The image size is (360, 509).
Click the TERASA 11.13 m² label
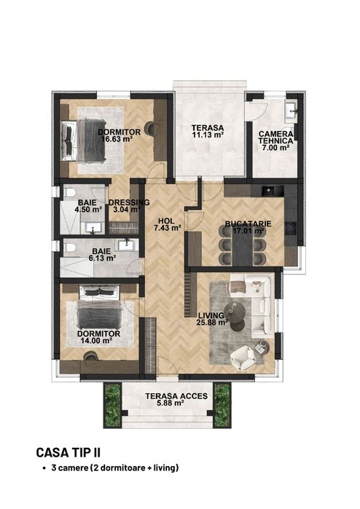(x=207, y=131)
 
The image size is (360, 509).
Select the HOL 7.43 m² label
(x=168, y=224)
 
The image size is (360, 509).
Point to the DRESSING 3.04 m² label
(x=129, y=206)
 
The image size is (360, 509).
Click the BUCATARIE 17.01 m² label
(x=249, y=227)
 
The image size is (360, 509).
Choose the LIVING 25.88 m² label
(x=213, y=318)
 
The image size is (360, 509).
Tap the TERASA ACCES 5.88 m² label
(x=176, y=399)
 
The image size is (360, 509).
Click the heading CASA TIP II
(x=69, y=452)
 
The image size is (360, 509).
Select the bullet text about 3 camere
(x=115, y=468)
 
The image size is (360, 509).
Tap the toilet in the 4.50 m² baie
(x=69, y=193)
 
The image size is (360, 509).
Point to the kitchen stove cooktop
(x=291, y=228)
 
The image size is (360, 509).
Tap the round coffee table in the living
(x=235, y=312)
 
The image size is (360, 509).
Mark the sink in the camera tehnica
(x=291, y=110)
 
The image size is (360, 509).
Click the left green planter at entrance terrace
(x=113, y=406)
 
